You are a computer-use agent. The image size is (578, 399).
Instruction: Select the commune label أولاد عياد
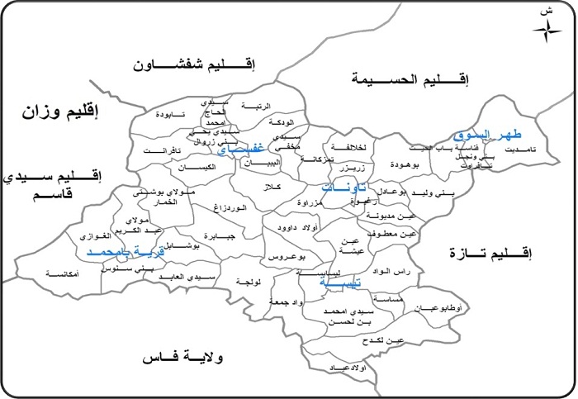pos(348,366)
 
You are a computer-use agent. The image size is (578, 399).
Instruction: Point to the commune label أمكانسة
pos(64,273)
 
